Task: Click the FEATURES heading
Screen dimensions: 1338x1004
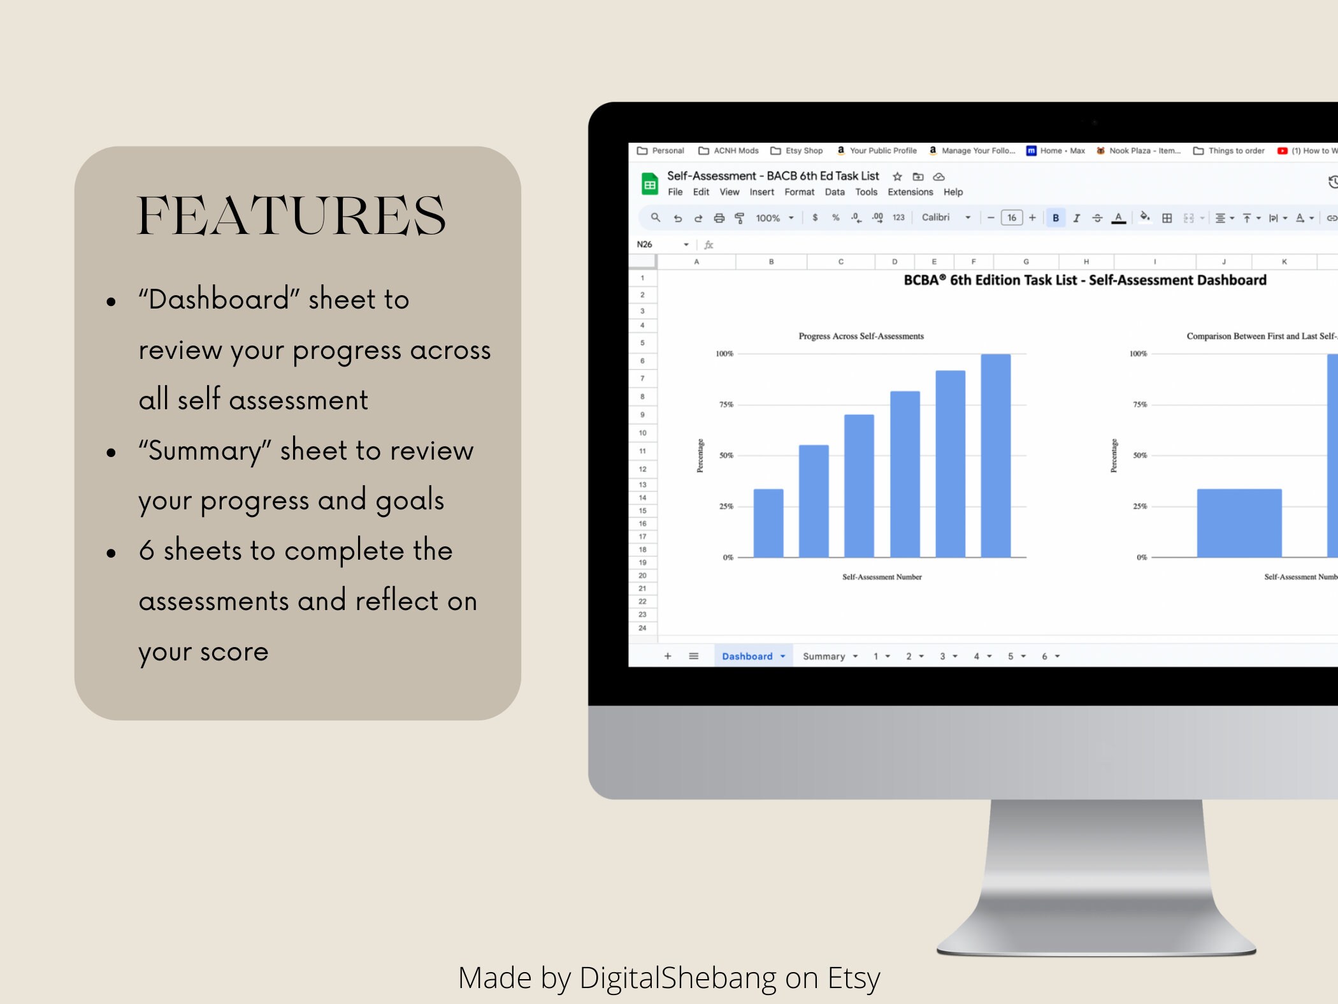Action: pos(292,215)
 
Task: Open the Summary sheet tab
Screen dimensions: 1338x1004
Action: pos(830,656)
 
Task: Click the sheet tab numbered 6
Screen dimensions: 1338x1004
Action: pos(1050,656)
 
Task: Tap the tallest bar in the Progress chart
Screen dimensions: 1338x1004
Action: pos(995,455)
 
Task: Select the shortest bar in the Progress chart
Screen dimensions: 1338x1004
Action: pos(768,523)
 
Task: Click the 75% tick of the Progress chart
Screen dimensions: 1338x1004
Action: pos(726,404)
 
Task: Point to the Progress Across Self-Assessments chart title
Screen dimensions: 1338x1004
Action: pos(861,336)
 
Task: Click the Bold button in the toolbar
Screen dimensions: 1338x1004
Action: pos(1056,218)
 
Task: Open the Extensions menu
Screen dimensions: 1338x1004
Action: pos(910,192)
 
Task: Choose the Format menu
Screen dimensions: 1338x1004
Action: pos(799,192)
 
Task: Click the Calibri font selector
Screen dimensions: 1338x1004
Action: pos(946,217)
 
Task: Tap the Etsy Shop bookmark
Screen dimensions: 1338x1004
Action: pos(796,150)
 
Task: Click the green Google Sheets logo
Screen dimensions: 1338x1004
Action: pos(649,184)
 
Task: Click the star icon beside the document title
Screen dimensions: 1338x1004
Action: pos(897,177)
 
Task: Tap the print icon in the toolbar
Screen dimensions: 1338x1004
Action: pos(719,218)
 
